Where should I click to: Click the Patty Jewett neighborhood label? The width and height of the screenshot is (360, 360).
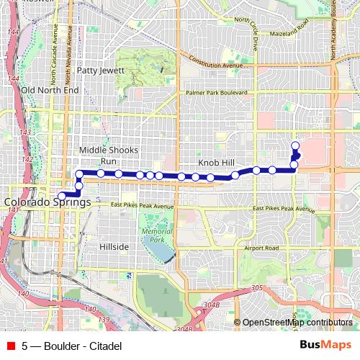[x=101, y=71]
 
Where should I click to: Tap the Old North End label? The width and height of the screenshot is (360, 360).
[x=50, y=90]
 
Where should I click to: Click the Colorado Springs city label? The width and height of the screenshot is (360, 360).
[x=48, y=203]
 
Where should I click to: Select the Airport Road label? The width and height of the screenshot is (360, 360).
[x=261, y=248]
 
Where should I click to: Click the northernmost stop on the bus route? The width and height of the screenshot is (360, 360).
[x=294, y=146]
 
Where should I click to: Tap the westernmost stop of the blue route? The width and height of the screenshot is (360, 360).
[x=62, y=195]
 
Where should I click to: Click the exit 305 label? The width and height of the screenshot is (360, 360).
[x=257, y=288]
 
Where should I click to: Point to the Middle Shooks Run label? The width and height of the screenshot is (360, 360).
[x=108, y=155]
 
